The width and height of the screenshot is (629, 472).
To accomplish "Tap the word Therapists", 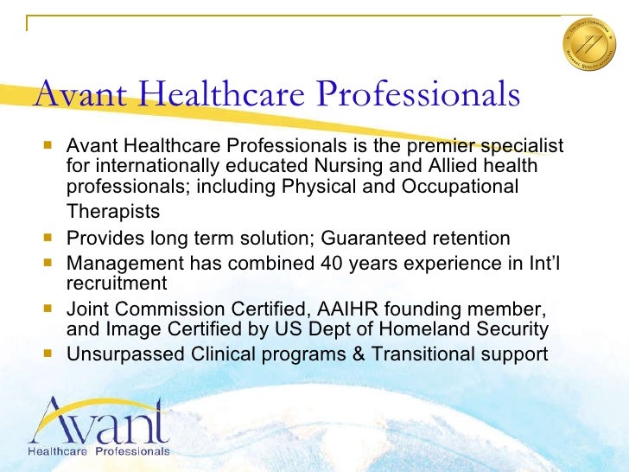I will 113,211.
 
